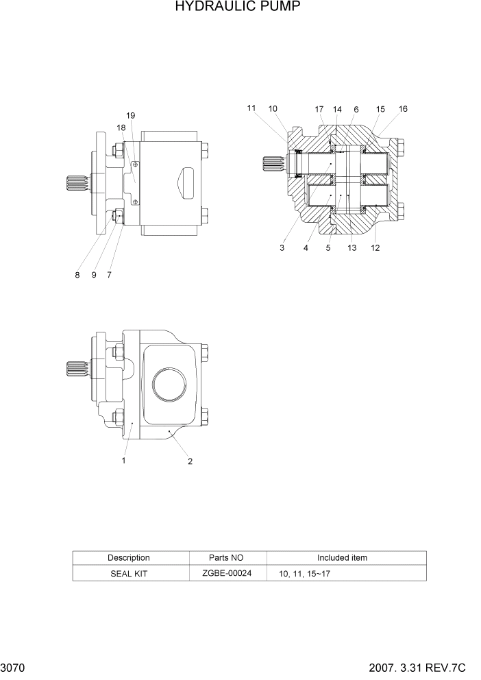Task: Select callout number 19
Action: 131,115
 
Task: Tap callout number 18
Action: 121,127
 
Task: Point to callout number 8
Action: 77,275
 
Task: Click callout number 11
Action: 251,108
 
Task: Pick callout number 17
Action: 319,109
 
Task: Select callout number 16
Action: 403,109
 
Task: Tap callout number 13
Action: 351,248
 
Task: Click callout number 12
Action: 375,248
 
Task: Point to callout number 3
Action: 282,248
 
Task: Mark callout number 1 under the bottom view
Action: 123,461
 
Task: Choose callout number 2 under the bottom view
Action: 190,461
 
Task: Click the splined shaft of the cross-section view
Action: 273,165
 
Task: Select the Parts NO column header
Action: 226,558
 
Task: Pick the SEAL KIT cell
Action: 129,574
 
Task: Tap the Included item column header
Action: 342,558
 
